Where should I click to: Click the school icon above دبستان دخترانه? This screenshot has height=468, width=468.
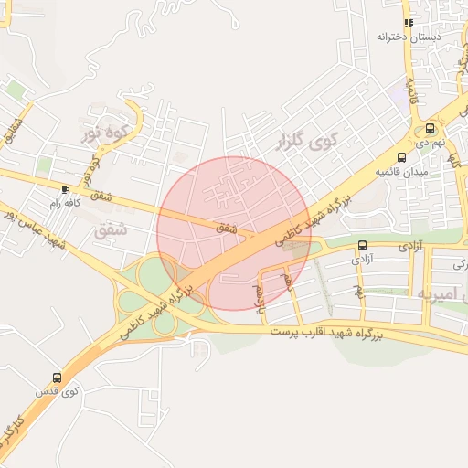409,23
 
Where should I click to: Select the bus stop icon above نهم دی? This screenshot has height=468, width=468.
431,128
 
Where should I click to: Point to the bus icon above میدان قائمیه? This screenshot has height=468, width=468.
401,156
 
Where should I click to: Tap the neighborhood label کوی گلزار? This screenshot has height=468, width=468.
305,141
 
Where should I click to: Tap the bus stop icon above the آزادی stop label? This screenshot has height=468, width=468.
363,245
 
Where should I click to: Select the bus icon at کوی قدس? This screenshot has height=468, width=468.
58,377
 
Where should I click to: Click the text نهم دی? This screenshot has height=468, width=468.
431,143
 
